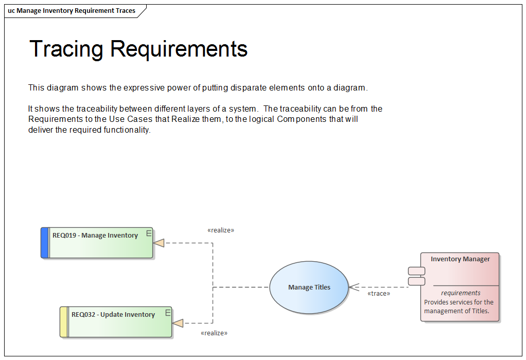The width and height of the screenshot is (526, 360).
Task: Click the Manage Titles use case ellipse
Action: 309,287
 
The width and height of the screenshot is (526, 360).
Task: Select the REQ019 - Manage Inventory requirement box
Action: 98,243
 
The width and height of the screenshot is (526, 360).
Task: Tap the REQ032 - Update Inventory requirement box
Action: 116,322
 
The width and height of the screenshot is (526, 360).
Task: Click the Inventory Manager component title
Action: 460,259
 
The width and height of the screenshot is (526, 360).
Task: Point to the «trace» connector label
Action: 378,294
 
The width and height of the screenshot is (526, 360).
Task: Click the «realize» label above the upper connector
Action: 221,230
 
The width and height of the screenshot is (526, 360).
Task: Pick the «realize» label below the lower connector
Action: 214,333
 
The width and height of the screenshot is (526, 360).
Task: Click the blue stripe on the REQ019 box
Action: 45,243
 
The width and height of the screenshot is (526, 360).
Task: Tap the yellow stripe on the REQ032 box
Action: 64,322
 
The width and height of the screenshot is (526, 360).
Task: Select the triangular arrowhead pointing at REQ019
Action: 159,243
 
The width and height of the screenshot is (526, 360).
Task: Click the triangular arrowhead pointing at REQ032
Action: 178,323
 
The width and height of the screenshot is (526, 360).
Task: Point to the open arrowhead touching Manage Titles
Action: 353,287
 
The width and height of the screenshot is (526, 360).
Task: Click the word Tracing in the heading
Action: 66,49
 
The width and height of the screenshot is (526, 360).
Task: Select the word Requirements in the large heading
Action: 179,49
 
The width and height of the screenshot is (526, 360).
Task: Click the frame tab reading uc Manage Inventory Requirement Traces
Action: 72,10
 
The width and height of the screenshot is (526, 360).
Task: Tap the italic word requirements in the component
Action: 461,293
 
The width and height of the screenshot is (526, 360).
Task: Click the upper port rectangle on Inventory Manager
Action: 416,271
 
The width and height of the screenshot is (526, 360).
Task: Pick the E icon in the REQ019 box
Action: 149,233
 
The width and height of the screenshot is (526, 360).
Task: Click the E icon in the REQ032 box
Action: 168,312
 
